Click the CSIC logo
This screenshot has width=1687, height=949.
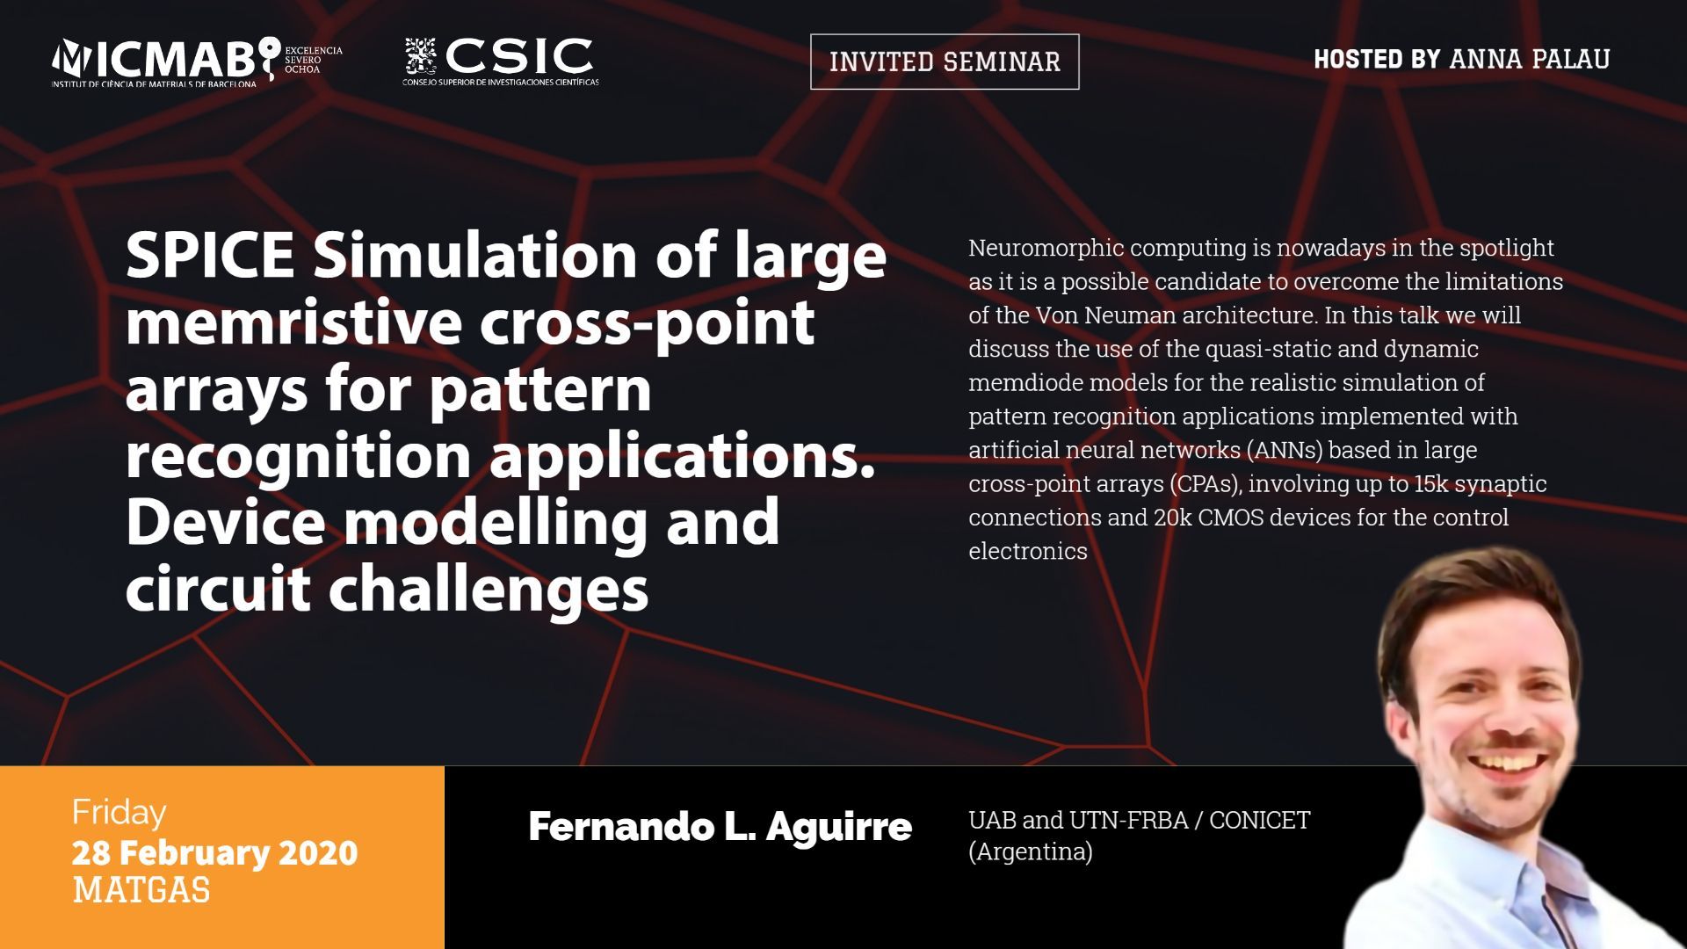501,62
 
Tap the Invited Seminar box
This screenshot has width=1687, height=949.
945,62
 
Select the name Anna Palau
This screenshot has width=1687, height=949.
1529,59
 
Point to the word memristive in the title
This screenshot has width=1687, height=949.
293,322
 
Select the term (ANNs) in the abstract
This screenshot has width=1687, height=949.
1284,450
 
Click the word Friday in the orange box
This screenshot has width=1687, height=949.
119,813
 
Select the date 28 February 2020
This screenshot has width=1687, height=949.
215,853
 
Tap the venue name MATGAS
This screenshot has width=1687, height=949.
141,891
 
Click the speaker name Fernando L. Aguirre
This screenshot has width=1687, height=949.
720,827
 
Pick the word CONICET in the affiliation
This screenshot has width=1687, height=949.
1259,821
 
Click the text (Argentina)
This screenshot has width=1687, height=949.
1031,852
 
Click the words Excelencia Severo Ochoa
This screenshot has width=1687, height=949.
314,60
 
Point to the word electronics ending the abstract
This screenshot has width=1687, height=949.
1028,552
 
